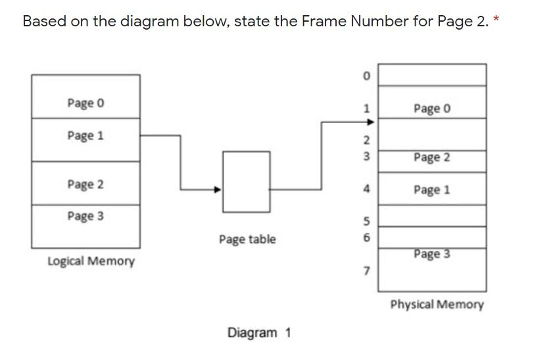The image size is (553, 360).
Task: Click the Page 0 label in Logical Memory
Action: point(85,103)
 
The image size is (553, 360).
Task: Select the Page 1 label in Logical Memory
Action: point(85,136)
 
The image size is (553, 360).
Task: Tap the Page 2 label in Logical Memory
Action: point(85,184)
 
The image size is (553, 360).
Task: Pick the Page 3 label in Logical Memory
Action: point(85,216)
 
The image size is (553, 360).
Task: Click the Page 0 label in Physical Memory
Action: point(432,108)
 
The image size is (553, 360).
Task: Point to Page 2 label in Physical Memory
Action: point(432,157)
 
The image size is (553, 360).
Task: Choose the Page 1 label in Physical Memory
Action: point(432,190)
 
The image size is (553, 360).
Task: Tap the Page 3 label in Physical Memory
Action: point(432,254)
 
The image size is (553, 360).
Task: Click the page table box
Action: point(246,182)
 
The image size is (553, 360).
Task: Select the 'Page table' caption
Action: point(247,240)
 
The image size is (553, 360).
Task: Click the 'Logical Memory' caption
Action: point(91,261)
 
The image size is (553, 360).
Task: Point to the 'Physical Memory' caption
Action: point(437,305)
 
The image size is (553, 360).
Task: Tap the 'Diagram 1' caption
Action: point(259,332)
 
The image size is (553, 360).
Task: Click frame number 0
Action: point(367,76)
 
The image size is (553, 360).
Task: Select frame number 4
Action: point(367,190)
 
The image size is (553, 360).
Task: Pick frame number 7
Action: point(367,270)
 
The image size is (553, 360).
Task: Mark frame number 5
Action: point(367,221)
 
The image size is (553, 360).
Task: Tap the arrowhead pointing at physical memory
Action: point(370,122)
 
